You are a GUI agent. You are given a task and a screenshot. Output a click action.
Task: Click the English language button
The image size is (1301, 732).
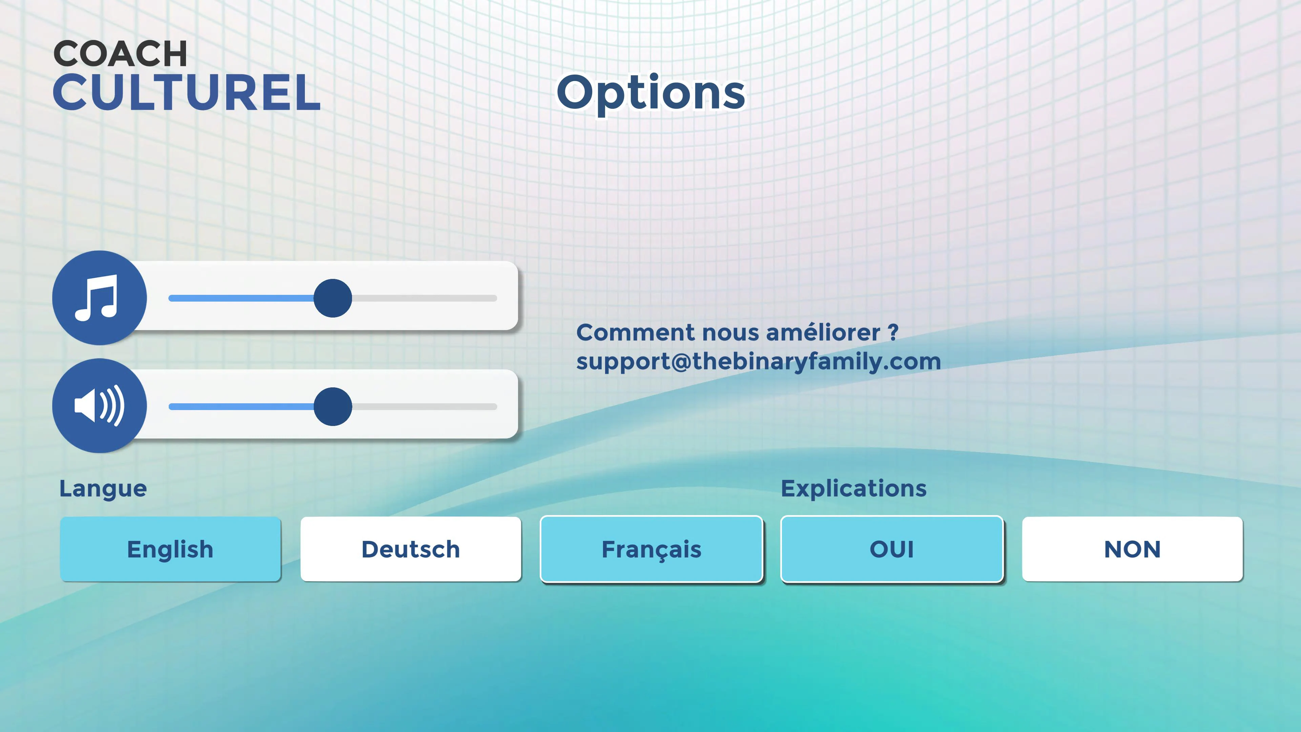coord(170,549)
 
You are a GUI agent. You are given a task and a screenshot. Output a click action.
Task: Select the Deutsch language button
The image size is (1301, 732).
coord(411,549)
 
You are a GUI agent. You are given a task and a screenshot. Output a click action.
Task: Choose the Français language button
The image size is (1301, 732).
coord(651,549)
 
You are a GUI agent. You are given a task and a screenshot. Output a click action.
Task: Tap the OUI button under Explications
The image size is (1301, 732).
coord(891,549)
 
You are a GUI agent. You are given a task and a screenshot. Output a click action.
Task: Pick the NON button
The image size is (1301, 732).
coord(1132,549)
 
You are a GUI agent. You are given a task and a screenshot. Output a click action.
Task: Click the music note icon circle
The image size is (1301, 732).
coord(100,298)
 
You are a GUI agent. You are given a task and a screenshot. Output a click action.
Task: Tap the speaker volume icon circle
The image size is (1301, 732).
coord(100,406)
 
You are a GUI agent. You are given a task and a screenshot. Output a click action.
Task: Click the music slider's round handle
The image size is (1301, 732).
coord(332,298)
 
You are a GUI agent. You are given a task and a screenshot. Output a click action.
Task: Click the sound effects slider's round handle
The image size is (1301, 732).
coord(332,406)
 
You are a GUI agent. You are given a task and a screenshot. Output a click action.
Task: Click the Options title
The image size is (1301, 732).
coord(650,93)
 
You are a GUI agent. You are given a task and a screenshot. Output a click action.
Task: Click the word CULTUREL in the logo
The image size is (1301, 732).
coord(186,93)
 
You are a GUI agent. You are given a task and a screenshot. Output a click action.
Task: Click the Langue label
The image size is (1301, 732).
coord(103,488)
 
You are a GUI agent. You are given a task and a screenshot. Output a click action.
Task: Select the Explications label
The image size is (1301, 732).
coord(853,488)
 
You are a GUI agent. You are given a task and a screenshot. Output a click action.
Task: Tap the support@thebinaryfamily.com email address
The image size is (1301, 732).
coord(758,362)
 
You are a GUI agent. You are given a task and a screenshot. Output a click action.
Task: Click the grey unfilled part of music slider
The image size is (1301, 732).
coord(424,298)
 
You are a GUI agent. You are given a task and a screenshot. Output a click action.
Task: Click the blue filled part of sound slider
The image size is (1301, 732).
coord(240,406)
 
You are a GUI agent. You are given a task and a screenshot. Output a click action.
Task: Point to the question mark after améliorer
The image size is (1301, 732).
coord(893,332)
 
